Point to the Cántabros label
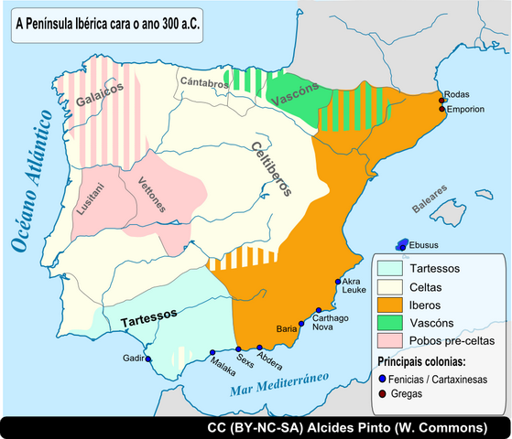pyautogui.click(x=203, y=82)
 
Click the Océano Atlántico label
pyautogui.click(x=30, y=184)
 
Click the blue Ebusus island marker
pyautogui.click(x=401, y=244)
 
